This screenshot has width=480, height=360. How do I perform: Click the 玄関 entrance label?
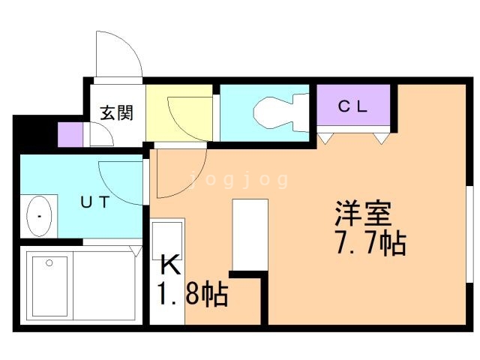[x=117, y=113]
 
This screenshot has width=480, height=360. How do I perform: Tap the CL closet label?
[x=351, y=106]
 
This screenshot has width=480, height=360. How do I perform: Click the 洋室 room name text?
[x=364, y=215]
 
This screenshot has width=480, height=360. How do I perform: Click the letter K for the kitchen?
[x=169, y=265]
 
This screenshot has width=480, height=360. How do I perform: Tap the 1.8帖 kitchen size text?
[x=192, y=294]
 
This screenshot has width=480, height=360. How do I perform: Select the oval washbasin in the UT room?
[x=40, y=216]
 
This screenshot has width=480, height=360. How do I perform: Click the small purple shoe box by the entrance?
[x=69, y=134]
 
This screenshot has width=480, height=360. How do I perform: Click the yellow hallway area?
[x=181, y=112]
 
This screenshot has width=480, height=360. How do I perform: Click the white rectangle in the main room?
[x=250, y=235]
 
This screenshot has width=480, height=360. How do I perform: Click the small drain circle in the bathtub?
[x=49, y=263]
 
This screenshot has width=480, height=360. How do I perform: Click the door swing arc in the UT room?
[x=120, y=180]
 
